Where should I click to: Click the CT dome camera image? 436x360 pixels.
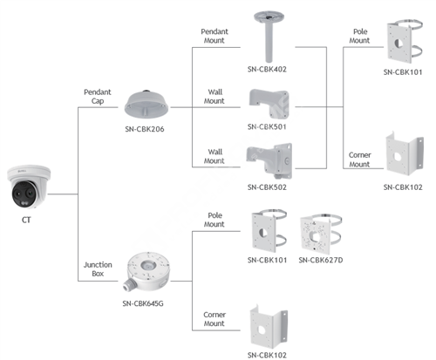pyautogui.click(x=29, y=187)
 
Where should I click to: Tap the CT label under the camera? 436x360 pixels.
pyautogui.click(x=26, y=220)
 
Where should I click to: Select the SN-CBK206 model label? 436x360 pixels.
pyautogui.click(x=145, y=129)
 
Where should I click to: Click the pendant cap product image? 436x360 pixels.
pyautogui.click(x=146, y=104)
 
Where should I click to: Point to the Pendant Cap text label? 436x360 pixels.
pyautogui.click(x=98, y=97)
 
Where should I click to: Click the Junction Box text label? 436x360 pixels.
pyautogui.click(x=98, y=269)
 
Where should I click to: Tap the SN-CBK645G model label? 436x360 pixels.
pyautogui.click(x=143, y=303)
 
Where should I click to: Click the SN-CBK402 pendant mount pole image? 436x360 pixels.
pyautogui.click(x=269, y=37)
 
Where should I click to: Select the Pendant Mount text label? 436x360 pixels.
pyautogui.click(x=215, y=36)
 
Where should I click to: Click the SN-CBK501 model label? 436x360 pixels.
pyautogui.click(x=267, y=126)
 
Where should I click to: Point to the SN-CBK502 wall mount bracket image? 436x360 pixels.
pyautogui.click(x=269, y=160)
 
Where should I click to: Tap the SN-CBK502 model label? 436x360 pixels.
pyautogui.click(x=267, y=187)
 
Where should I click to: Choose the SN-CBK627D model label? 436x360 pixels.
pyautogui.click(x=321, y=260)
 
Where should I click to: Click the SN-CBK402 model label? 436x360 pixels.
pyautogui.click(x=267, y=69)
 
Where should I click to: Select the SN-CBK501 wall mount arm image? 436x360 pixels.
pyautogui.click(x=269, y=104)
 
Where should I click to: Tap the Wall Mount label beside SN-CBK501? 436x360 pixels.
pyautogui.click(x=215, y=97)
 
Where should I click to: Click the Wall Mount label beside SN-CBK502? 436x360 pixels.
pyautogui.click(x=215, y=156)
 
